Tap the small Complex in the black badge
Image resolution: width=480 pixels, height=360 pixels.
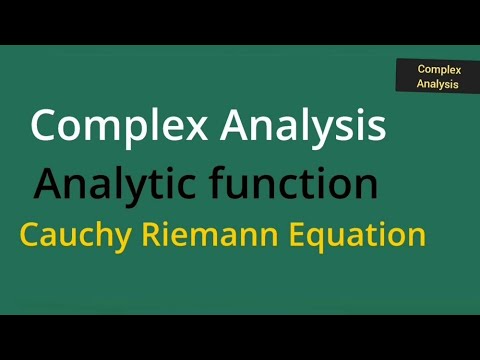click(x=438, y=70)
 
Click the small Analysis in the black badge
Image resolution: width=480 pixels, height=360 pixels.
click(x=438, y=84)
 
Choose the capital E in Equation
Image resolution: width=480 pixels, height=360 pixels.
click(x=297, y=236)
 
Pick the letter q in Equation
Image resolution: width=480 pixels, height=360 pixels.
click(x=319, y=240)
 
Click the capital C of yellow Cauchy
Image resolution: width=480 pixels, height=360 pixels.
click(x=29, y=236)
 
